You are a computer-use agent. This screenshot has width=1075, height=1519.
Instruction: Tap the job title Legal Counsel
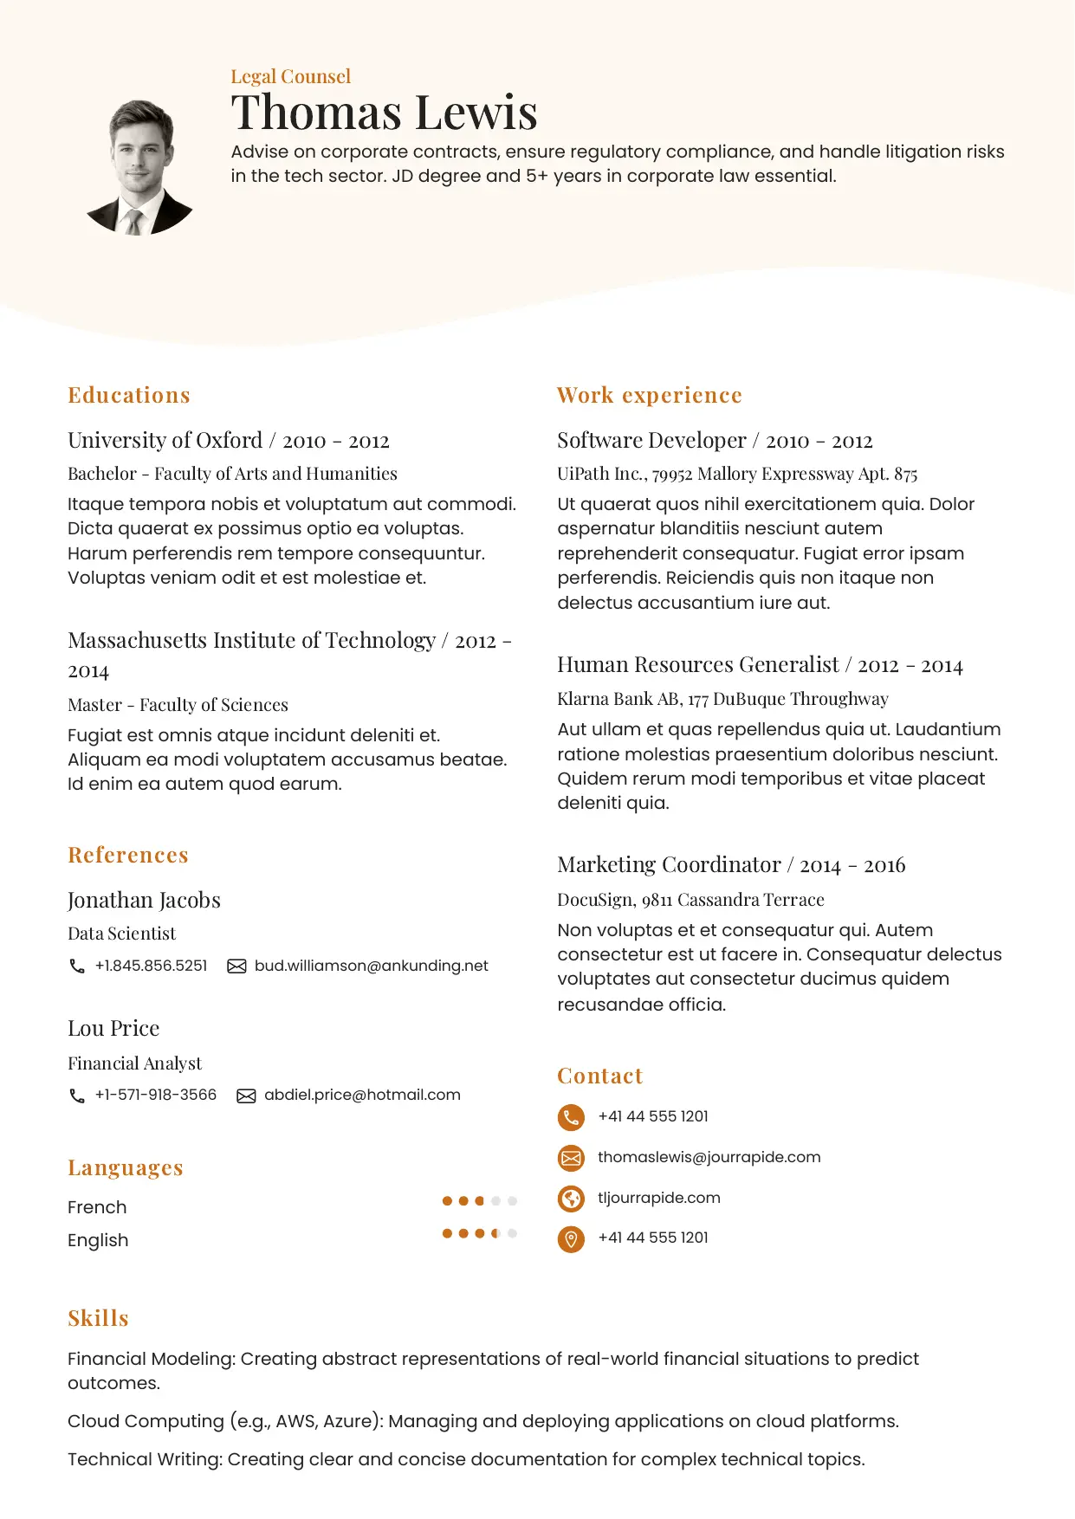click(x=290, y=76)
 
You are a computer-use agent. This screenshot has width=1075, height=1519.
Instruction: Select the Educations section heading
click(x=129, y=395)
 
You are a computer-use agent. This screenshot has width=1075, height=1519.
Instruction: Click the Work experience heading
click(x=649, y=395)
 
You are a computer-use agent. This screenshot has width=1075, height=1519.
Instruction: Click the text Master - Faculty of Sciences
click(x=178, y=705)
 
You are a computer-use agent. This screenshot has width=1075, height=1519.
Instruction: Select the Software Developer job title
click(x=651, y=441)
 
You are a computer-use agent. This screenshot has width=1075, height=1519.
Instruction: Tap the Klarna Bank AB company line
click(x=722, y=699)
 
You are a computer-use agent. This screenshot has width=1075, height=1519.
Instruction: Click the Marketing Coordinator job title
click(x=669, y=865)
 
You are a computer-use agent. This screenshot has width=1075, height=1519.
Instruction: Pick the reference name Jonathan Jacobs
click(x=144, y=901)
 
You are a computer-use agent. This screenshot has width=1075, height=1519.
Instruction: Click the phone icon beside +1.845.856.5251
click(x=77, y=966)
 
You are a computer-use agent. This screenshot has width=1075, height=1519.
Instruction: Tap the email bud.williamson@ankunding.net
click(x=371, y=966)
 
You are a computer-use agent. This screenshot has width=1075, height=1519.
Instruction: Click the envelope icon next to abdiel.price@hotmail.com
click(x=246, y=1096)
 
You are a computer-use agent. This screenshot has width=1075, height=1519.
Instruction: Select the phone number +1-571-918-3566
click(x=156, y=1095)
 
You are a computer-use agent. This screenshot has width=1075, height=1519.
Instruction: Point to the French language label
click(x=97, y=1207)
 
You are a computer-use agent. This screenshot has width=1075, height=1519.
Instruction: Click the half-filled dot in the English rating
click(x=495, y=1233)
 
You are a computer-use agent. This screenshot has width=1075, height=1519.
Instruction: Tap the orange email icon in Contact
click(x=571, y=1158)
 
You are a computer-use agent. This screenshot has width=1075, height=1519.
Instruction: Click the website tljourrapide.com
click(x=658, y=1198)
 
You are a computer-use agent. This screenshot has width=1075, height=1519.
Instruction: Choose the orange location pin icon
click(x=571, y=1239)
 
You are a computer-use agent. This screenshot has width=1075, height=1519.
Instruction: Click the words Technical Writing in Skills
click(x=145, y=1459)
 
